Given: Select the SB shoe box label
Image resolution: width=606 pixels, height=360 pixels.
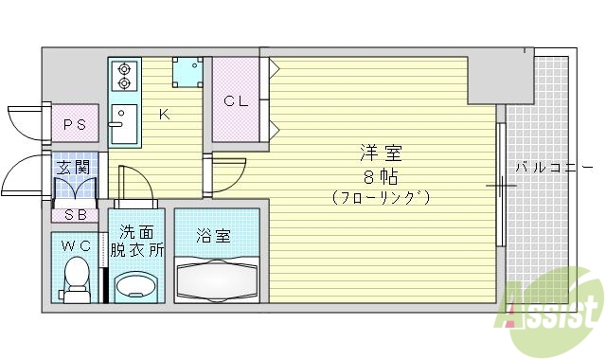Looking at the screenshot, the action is [x=75, y=214].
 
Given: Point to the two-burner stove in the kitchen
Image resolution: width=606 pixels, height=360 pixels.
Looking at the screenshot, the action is [x=123, y=76].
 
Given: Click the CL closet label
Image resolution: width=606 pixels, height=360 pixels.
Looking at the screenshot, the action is [x=235, y=100].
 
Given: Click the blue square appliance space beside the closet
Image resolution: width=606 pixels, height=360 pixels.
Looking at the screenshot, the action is [x=187, y=71].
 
